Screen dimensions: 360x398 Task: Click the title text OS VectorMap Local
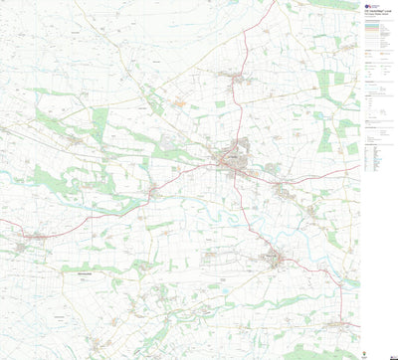pyautogui.click(x=374, y=12)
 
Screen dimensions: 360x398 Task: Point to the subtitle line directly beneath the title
pyautogui.click(x=374, y=16)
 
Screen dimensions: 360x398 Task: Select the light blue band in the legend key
pyautogui.click(x=371, y=26)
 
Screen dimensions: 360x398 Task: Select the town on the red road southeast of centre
pyautogui.click(x=275, y=260)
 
